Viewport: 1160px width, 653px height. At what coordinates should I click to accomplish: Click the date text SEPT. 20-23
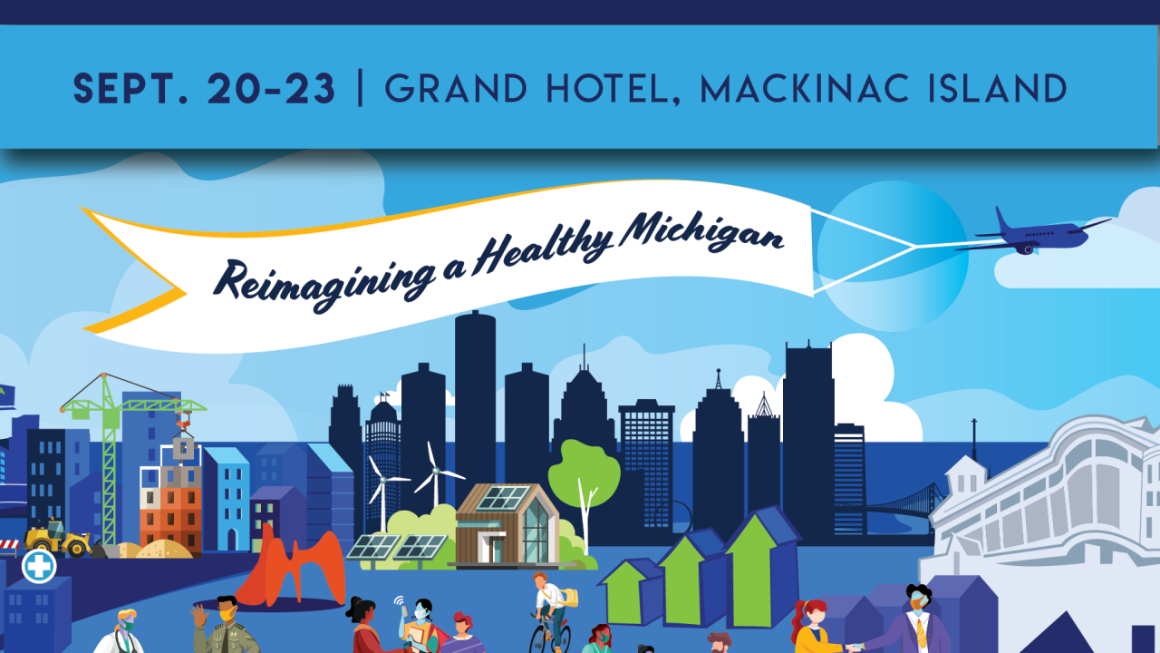tap(205, 89)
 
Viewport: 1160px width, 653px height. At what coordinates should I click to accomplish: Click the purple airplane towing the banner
tap(1038, 235)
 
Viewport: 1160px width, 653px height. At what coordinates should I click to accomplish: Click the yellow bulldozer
tap(58, 538)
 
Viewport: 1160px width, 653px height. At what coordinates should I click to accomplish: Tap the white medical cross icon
tap(39, 566)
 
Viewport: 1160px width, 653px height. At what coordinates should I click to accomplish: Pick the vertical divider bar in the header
tap(362, 89)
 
